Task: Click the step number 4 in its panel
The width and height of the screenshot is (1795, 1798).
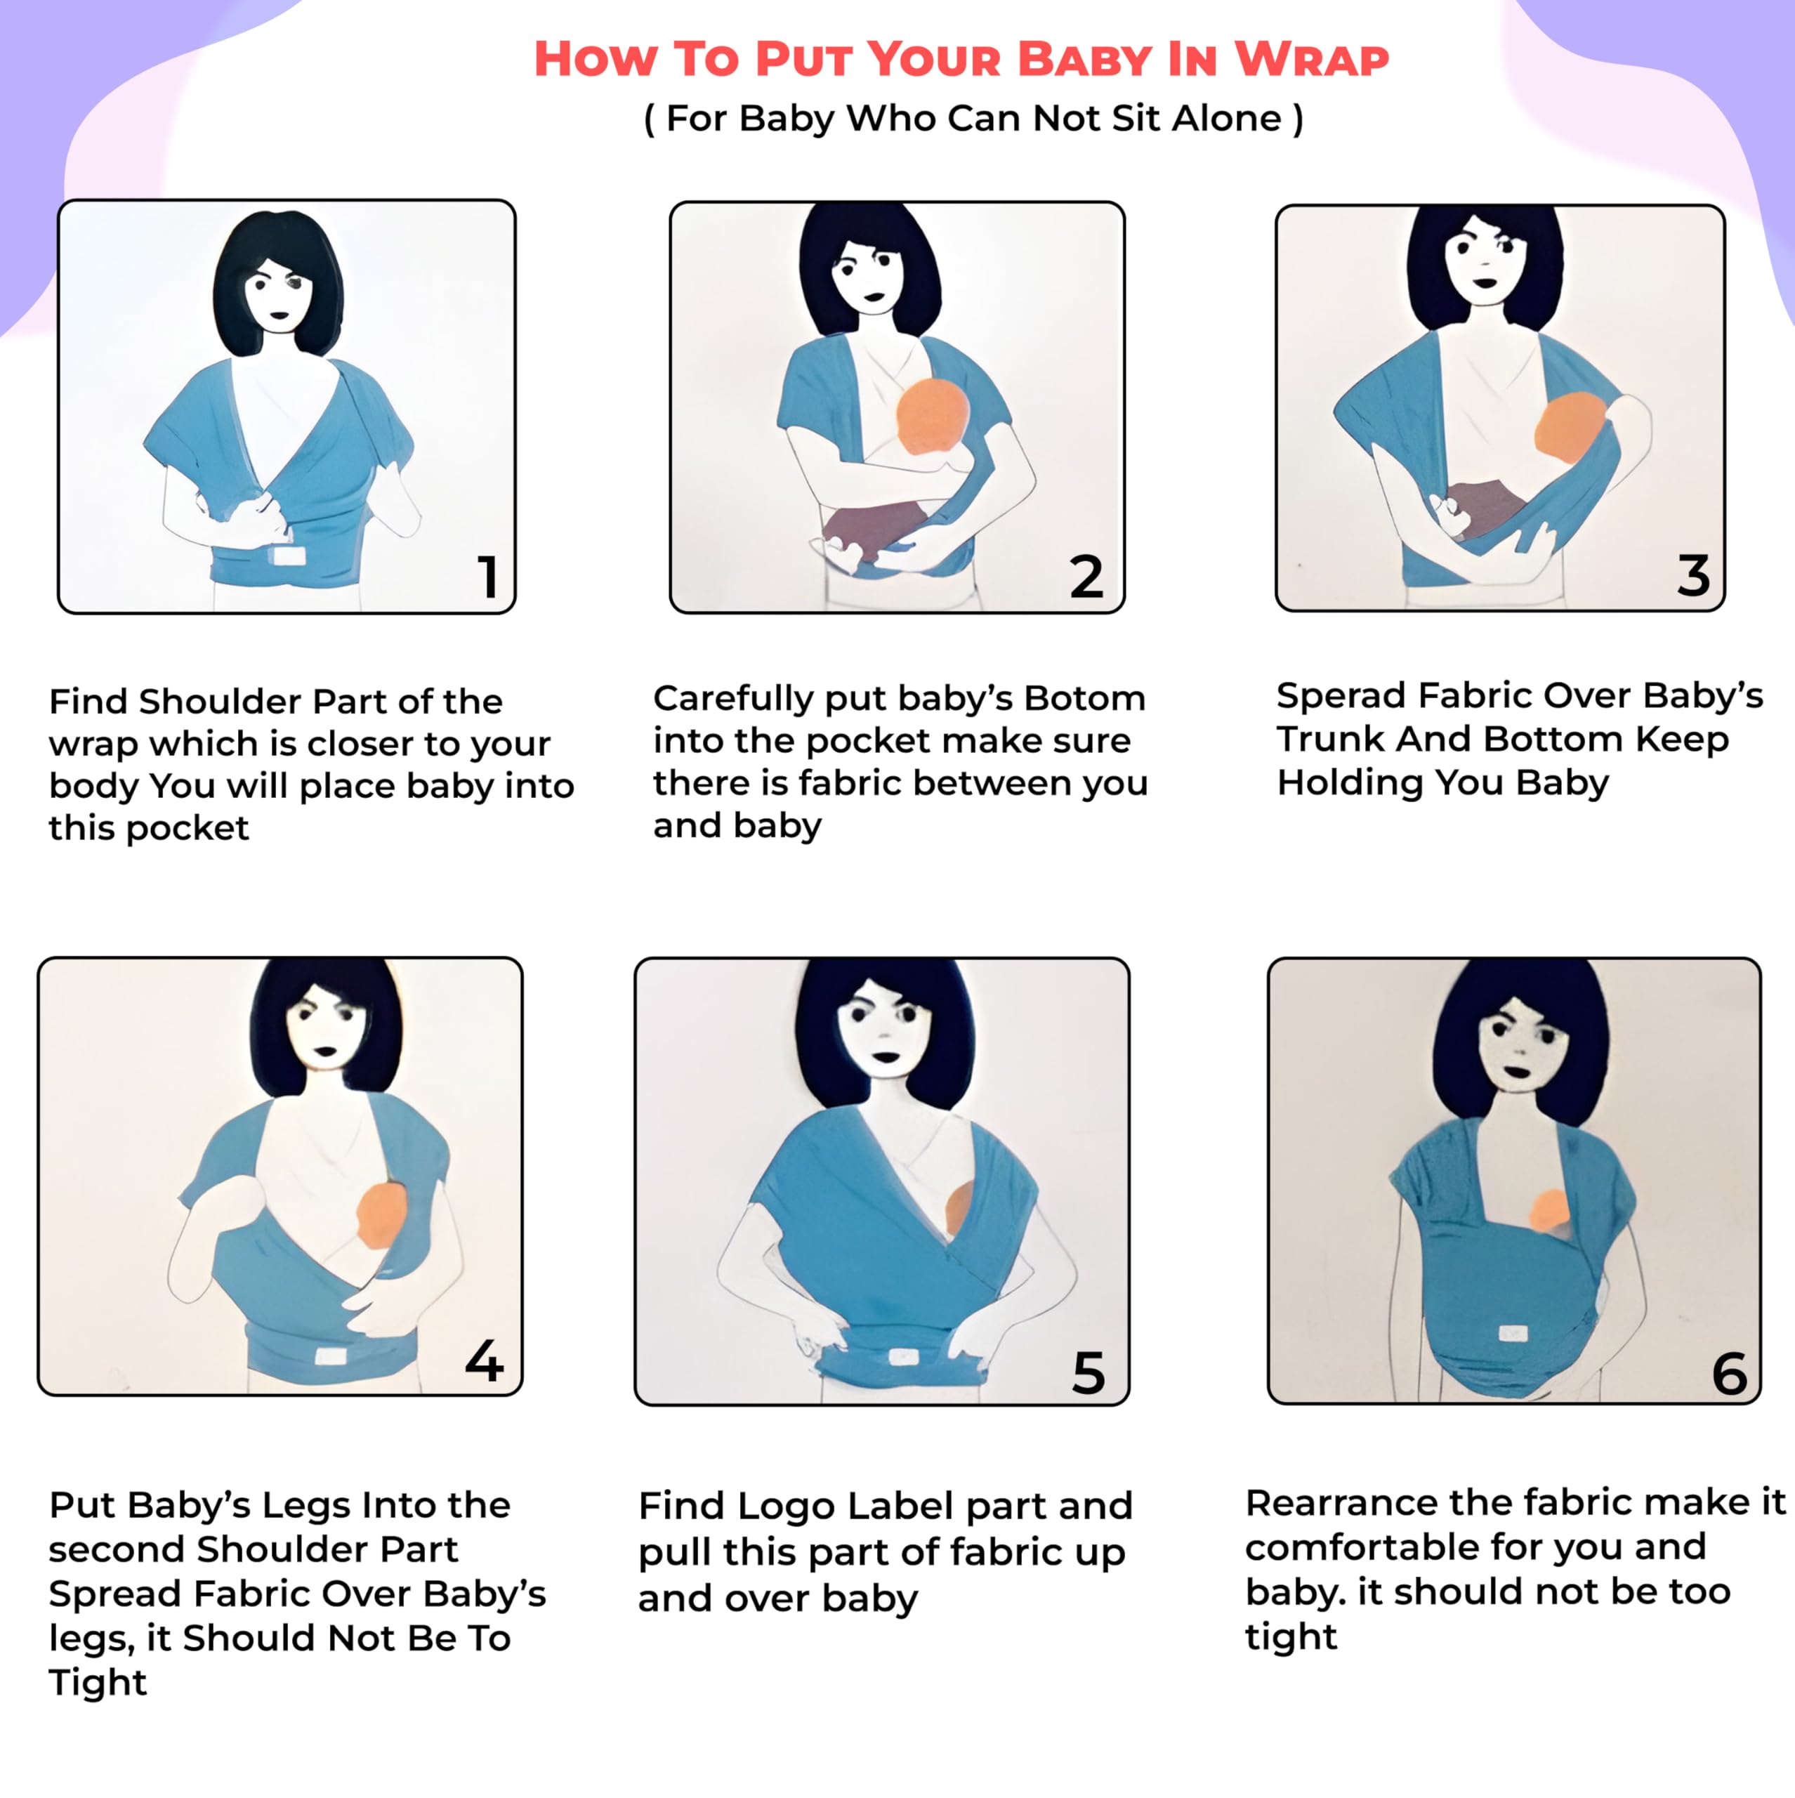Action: (484, 1360)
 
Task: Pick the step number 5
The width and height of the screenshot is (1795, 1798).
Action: (1088, 1372)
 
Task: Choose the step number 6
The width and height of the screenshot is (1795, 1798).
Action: (1730, 1374)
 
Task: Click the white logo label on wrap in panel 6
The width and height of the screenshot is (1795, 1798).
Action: (1514, 1334)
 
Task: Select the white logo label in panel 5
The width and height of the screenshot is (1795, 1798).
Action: (902, 1357)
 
